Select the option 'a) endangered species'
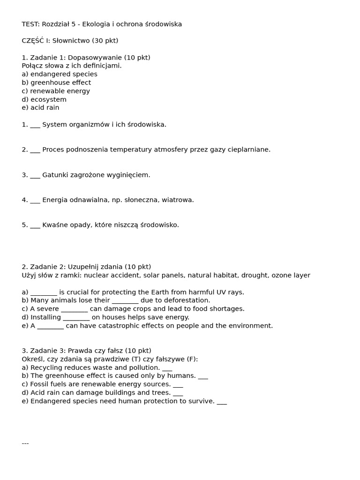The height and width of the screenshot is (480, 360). tap(60, 74)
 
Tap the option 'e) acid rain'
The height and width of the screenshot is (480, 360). tap(40, 107)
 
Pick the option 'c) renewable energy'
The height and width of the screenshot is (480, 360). tap(56, 91)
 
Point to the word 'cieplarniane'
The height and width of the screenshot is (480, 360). tap(248, 150)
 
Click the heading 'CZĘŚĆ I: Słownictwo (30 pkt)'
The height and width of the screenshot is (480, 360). tap(70, 41)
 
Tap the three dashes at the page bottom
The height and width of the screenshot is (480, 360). tap(25, 443)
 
